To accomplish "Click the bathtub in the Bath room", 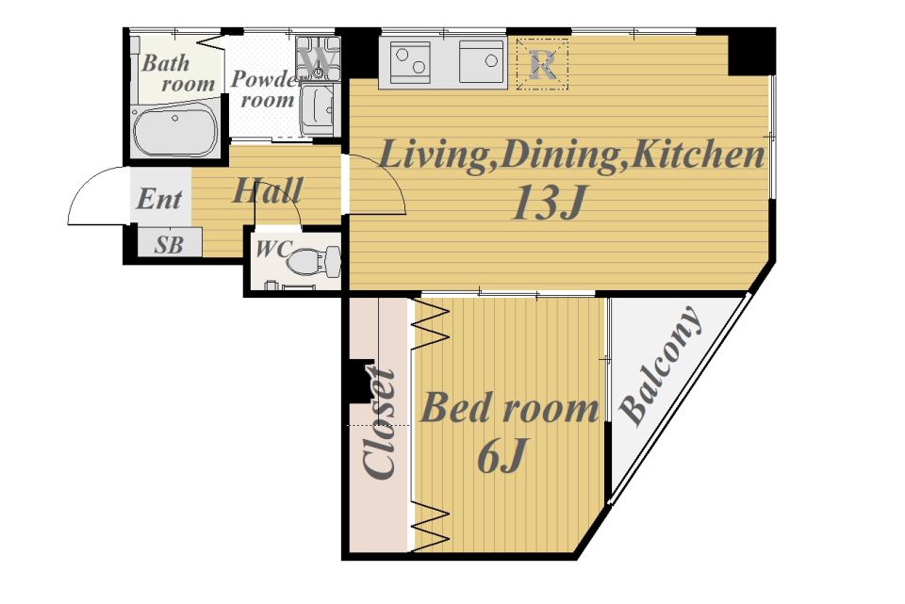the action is click(x=175, y=133).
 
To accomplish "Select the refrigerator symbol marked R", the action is click(x=542, y=64).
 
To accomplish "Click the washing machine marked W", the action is click(x=318, y=57).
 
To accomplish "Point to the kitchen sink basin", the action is click(x=482, y=60).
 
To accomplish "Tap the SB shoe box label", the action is click(x=169, y=245).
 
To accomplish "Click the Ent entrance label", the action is click(x=158, y=200).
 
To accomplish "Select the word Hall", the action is click(x=267, y=191).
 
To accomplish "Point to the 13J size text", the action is click(x=549, y=204).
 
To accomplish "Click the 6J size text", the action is click(x=502, y=455).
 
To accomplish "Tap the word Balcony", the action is click(x=662, y=366).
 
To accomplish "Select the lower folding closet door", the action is click(x=432, y=526).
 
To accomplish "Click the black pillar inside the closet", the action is click(x=360, y=382).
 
